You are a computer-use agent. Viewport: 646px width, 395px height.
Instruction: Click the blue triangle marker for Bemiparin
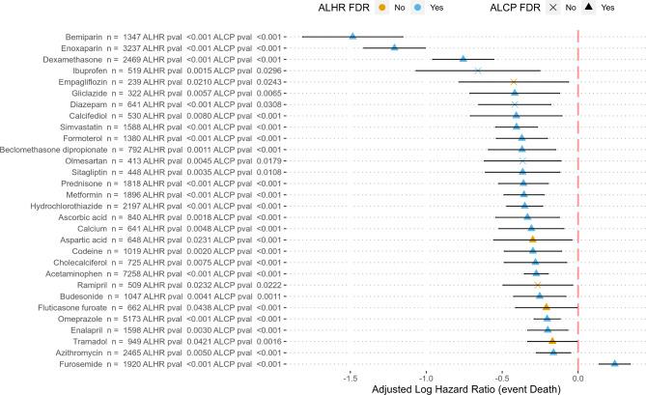[x=352, y=36]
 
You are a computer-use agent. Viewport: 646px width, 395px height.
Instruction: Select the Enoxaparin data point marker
[x=394, y=47]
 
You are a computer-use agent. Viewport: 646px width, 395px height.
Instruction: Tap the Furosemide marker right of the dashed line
[x=615, y=363]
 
